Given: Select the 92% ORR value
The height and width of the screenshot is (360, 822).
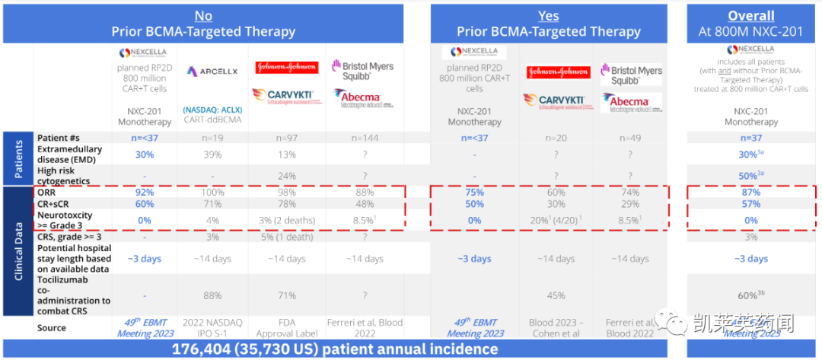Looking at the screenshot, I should tap(144, 193).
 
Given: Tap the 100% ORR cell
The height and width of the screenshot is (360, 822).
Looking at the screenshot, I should tap(212, 193).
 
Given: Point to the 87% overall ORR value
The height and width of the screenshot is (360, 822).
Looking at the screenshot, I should tap(750, 193).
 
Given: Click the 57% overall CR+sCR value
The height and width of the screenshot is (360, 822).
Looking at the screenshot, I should tap(750, 205).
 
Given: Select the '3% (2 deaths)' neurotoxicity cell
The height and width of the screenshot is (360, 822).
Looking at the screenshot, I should tap(286, 221).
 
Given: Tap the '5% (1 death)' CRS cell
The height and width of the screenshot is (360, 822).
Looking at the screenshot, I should tap(286, 236).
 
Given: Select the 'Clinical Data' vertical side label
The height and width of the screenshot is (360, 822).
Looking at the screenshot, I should tap(19, 250).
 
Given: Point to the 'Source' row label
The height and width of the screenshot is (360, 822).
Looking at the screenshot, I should tap(52, 328).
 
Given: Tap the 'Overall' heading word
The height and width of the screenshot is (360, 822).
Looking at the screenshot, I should tap(750, 15).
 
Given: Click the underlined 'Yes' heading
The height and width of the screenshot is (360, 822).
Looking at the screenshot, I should tap(548, 15).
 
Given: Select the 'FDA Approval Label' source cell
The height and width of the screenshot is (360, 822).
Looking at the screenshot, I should tap(286, 328).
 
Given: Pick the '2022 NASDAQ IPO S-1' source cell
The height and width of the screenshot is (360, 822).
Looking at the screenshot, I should tap(212, 328).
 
